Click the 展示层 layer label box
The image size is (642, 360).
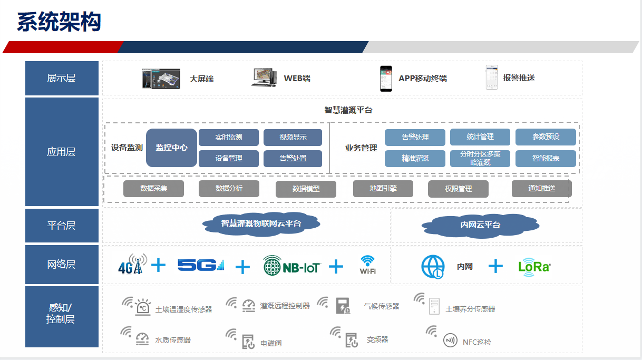coord(62,78)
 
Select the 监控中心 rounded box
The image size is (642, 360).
coord(171,148)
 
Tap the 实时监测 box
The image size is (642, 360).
coord(229,137)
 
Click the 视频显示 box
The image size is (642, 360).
coord(293,137)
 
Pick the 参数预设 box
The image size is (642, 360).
coord(546,137)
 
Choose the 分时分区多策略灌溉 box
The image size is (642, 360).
coord(480,159)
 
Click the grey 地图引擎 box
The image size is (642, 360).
coord(383,189)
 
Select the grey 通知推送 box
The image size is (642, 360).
coord(542,189)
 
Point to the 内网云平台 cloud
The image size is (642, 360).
coord(480,225)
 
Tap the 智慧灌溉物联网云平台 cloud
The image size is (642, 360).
coord(261,224)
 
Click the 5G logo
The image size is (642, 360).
coord(201,265)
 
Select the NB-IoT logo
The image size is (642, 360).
coord(292,266)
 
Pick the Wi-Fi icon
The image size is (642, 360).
coord(368,265)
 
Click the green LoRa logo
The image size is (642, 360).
coord(534,267)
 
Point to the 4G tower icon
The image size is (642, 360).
coord(132,264)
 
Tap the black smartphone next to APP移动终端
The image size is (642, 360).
coord(386,79)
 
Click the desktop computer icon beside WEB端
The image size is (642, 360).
coord(264,77)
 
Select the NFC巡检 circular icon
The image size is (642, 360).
coord(450,340)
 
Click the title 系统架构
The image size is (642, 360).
coord(59,22)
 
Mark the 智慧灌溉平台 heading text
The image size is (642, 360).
coord(348,110)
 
